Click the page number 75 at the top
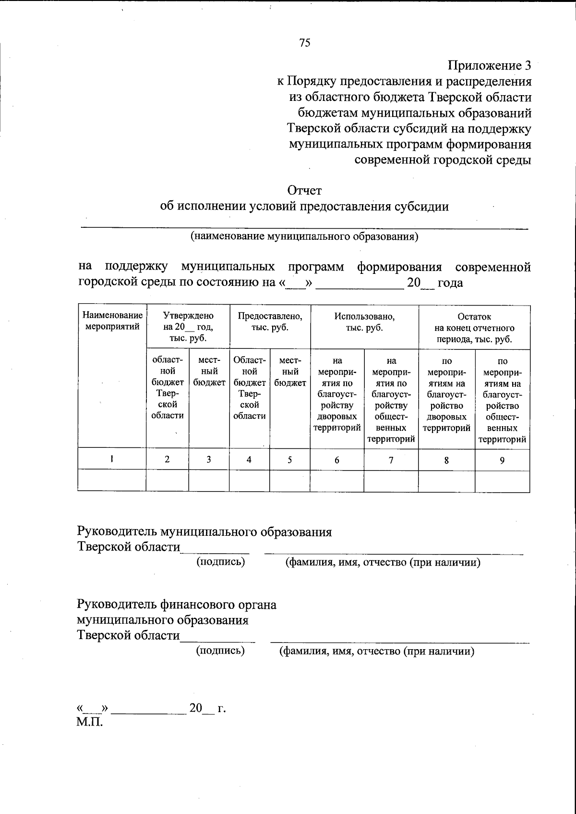(x=305, y=43)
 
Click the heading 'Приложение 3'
(x=490, y=65)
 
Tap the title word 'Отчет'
(x=304, y=190)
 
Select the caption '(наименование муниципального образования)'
(x=304, y=236)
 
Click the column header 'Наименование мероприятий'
(x=112, y=321)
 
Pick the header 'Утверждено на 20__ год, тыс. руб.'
(x=188, y=327)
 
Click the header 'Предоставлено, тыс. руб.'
(x=270, y=321)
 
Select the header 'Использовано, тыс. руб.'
(x=364, y=321)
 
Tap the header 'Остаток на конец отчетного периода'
(x=474, y=328)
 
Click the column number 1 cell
(x=112, y=459)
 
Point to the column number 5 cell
(x=290, y=460)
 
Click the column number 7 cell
(x=391, y=460)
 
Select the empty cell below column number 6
(x=337, y=481)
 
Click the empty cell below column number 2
(x=167, y=481)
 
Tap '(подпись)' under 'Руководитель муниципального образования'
(x=221, y=561)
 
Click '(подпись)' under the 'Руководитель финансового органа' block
(x=220, y=651)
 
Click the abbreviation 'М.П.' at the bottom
(x=90, y=722)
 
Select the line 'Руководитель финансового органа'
(x=177, y=604)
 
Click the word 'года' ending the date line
(x=450, y=283)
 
